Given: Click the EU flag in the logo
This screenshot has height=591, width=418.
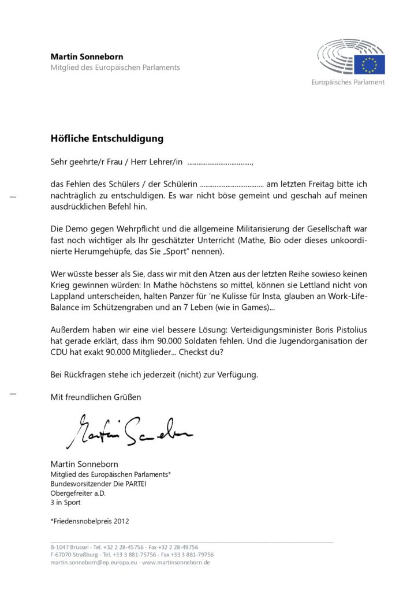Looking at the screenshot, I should (369, 64).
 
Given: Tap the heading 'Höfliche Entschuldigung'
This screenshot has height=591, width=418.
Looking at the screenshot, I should (107, 139).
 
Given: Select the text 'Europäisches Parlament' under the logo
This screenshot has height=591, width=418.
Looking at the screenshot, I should (348, 83).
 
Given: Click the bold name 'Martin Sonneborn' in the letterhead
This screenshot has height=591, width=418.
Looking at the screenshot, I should (87, 57).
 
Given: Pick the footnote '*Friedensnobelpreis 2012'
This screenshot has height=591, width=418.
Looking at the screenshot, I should (89, 521).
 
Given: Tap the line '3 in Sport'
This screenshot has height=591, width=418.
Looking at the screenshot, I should (66, 502).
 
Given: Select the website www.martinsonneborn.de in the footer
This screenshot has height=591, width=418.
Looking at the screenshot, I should (176, 562).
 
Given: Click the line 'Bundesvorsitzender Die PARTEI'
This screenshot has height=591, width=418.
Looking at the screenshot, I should (98, 484).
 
